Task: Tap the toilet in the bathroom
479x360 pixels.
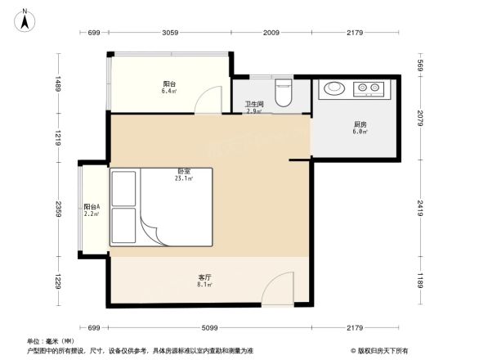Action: point(284,92)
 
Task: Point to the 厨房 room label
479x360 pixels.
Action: point(360,127)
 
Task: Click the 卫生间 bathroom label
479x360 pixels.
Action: point(253,106)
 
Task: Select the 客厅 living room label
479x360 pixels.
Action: point(205,279)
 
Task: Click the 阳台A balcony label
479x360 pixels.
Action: point(92,210)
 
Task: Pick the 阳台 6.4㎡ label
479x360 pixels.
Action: point(170,88)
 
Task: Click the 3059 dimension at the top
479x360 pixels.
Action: point(169,33)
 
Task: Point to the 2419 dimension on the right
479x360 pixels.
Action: point(422,207)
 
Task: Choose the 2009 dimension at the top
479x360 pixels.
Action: point(271,33)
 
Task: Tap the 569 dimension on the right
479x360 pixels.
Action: point(422,65)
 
